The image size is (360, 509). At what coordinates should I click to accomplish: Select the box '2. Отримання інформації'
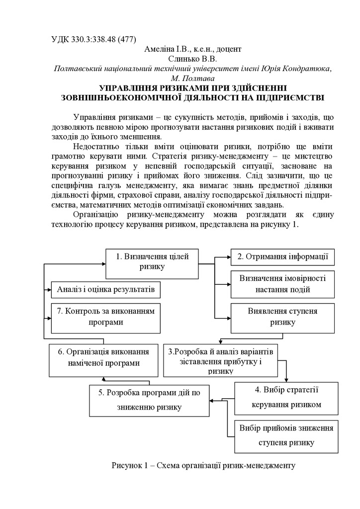282,256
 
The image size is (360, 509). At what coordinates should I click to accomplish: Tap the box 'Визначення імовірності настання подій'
282,284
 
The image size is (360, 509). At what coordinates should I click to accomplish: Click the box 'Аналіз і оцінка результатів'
106,289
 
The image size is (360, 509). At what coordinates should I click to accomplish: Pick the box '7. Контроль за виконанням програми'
106,317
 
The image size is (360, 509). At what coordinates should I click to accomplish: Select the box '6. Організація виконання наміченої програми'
103,357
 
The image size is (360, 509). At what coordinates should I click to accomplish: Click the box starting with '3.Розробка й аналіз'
221,358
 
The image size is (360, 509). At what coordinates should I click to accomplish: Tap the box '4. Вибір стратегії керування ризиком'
286,397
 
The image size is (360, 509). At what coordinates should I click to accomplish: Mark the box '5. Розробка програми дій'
149,400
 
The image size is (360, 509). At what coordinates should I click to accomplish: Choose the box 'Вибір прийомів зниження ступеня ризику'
286,434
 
